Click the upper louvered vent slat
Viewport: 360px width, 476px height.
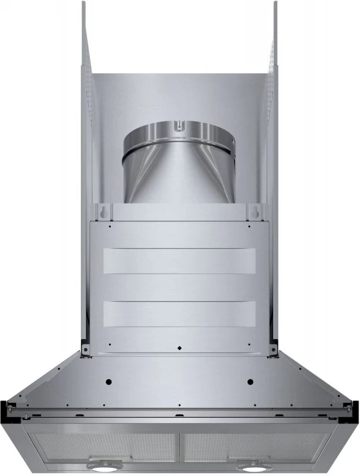[179, 261]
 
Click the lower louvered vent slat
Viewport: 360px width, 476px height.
[179, 314]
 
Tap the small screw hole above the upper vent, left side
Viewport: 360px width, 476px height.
[110, 226]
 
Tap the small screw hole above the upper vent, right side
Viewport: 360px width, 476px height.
[249, 226]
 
